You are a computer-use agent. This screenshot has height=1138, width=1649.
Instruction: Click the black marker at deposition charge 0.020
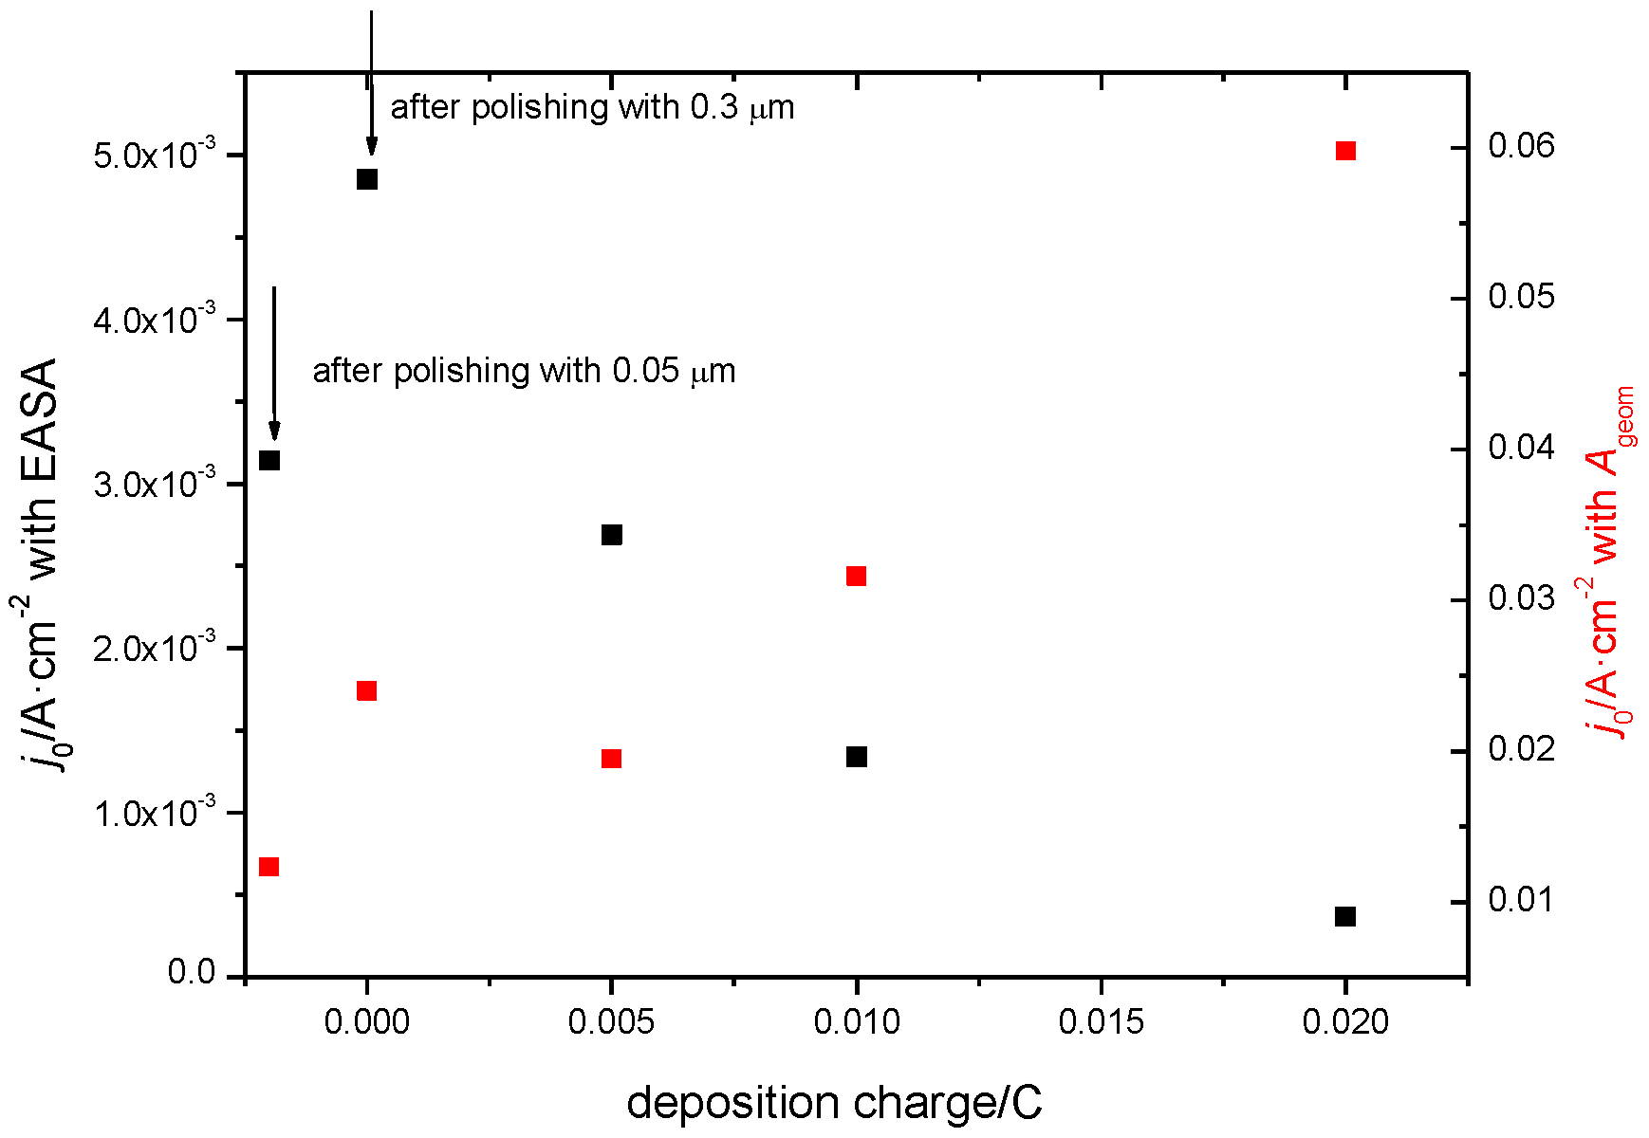coord(1344,916)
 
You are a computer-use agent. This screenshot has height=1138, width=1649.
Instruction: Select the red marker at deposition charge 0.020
coord(1344,151)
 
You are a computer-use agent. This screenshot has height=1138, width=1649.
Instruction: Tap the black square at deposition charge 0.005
coord(612,535)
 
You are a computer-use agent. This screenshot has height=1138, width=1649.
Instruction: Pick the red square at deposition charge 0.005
coord(612,759)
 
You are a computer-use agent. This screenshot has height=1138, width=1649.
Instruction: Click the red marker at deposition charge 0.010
coord(856,577)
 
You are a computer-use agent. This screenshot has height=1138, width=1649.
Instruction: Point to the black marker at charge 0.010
coord(856,757)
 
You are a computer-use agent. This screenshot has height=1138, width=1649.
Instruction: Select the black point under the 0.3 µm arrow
coord(367,179)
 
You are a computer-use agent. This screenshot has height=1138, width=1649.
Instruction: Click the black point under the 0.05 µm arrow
coord(269,461)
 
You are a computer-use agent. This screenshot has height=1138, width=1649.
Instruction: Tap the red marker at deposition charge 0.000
coord(367,690)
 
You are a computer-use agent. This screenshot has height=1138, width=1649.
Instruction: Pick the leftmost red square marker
coord(269,867)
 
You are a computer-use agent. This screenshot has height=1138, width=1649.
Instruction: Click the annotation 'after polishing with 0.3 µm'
coord(592,108)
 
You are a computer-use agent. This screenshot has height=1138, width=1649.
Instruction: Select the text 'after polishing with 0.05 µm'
coord(524,371)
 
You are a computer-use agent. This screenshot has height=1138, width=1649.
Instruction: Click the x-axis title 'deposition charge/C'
coord(834,1103)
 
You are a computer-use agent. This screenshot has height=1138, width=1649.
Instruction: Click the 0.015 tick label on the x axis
coord(1101,1022)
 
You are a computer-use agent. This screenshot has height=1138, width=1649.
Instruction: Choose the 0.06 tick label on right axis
coord(1522,146)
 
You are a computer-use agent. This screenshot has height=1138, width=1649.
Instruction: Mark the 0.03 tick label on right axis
coord(1522,598)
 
